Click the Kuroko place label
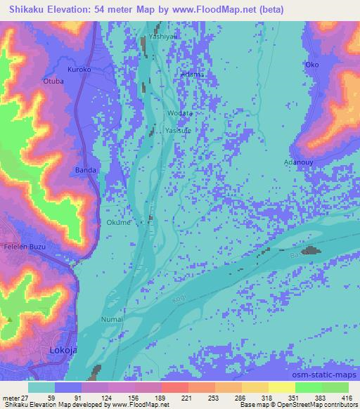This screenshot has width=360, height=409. point(79,70)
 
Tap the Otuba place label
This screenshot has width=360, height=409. point(53,82)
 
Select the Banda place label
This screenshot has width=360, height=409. point(84,170)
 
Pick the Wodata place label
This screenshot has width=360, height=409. point(180,113)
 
